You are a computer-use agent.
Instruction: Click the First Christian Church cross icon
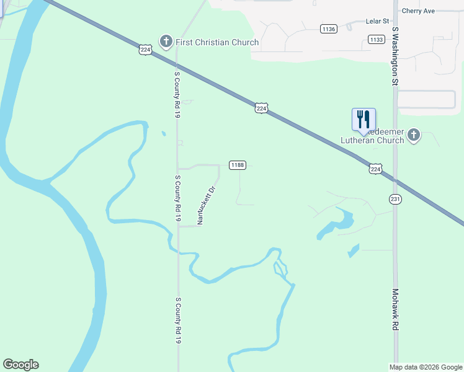166,42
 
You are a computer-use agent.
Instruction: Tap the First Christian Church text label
216,42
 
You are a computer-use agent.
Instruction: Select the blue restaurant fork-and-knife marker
364,119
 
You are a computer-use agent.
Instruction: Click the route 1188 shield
238,165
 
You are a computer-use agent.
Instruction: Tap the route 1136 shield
329,29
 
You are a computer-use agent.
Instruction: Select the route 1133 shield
376,40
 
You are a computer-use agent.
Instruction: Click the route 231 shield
395,199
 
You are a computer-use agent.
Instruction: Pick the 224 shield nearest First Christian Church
145,50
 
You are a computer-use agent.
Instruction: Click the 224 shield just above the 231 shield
375,169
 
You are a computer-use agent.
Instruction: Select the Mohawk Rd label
395,309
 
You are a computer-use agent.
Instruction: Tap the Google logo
20,365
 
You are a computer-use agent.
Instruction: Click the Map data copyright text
426,367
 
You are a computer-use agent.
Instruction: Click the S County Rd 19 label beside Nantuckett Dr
177,198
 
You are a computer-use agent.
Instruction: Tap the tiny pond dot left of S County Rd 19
163,133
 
